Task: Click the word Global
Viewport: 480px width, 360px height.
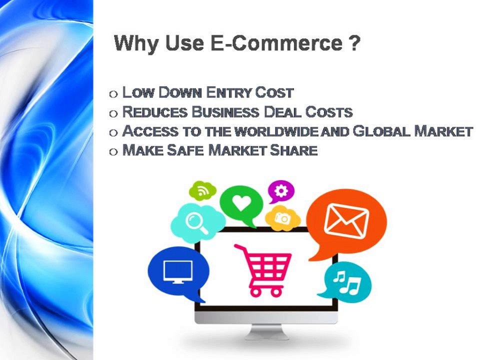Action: click(x=381, y=131)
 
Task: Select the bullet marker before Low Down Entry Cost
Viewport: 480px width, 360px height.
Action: click(x=113, y=93)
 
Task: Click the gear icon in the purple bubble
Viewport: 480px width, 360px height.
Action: click(x=281, y=190)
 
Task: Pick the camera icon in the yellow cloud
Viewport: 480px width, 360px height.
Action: click(x=282, y=218)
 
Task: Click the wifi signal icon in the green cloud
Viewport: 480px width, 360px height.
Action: click(x=202, y=190)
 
